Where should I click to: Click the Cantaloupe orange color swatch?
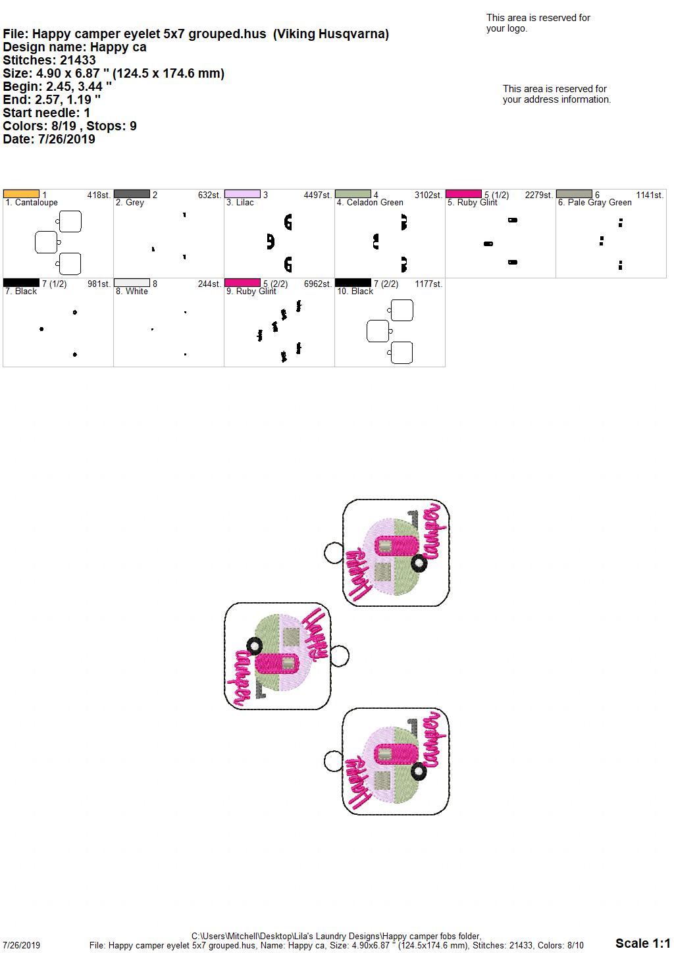21,194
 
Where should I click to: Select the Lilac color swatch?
242,194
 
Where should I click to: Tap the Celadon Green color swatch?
353,194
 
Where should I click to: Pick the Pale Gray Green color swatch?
574,194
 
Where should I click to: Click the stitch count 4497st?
317,195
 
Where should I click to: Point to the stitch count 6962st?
317,284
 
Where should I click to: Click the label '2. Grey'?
130,203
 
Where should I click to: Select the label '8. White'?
132,292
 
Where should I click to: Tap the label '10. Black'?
355,292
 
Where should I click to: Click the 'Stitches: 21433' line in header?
49,60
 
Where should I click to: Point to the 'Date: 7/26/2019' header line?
49,139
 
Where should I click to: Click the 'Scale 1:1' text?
642,942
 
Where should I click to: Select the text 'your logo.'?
507,28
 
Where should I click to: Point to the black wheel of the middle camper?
255,646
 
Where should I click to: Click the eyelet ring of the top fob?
334,553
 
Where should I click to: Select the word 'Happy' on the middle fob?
315,634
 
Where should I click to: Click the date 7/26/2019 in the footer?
21,945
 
